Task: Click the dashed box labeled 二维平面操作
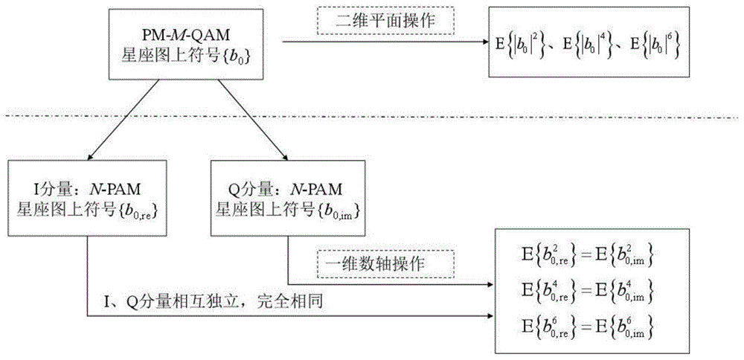[x=385, y=20]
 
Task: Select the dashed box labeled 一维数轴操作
[x=385, y=264]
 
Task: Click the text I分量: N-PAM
[x=89, y=190]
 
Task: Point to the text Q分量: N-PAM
[x=288, y=190]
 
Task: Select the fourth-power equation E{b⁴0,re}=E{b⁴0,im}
[x=588, y=291]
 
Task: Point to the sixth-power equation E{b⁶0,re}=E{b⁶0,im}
[x=588, y=327]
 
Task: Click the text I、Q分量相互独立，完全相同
[x=213, y=301]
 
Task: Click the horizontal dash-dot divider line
[x=372, y=117]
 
